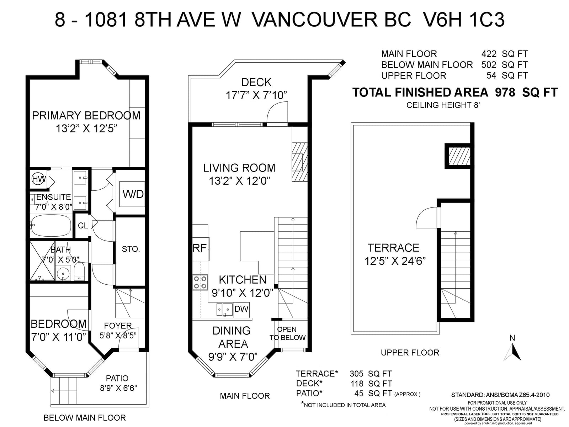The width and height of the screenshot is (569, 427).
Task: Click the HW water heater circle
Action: (38, 179)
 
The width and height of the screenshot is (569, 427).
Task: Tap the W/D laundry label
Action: (133, 194)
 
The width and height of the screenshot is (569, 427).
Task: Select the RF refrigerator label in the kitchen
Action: (200, 248)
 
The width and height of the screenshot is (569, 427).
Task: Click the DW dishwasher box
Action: (241, 309)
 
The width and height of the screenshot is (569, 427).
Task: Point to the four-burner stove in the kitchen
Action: (200, 282)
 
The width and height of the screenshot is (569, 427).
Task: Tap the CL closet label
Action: (83, 226)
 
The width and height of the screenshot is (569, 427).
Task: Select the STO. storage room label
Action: (131, 249)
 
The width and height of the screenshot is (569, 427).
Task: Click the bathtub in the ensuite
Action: (51, 226)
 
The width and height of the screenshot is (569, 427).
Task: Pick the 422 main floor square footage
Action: (489, 54)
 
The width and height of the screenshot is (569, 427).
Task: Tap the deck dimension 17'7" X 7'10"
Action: (256, 95)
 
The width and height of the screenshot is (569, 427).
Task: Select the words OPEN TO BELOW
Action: (287, 333)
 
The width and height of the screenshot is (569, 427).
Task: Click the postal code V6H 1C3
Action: (463, 20)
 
